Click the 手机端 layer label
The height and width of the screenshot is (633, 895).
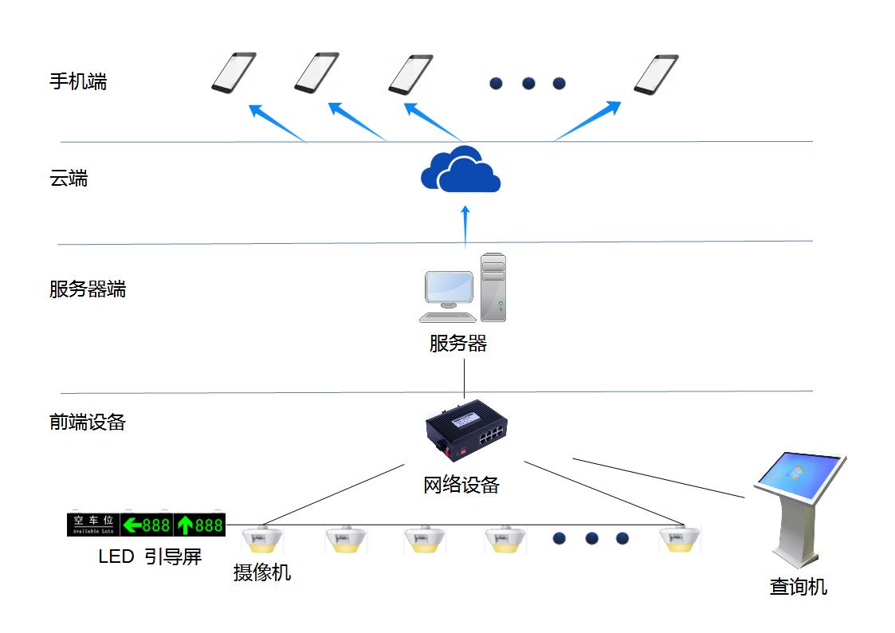pos(78,82)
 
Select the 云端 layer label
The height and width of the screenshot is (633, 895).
pos(69,179)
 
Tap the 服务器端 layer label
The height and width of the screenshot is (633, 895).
pos(88,289)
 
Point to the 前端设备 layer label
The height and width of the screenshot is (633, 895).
pos(88,423)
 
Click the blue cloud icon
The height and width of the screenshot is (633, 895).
pos(461,171)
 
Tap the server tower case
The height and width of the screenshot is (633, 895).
pos(493,286)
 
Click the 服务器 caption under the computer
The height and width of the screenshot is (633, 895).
pos(457,344)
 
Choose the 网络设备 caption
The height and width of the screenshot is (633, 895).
pos(461,485)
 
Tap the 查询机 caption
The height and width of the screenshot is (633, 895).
pos(798,588)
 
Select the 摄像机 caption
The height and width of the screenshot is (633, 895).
pos(262,572)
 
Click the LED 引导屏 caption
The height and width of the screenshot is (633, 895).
pos(150,556)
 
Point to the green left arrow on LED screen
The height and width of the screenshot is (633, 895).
pos(132,525)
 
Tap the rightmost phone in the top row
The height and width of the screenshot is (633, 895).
pos(656,74)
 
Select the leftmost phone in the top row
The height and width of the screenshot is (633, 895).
pos(234,73)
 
